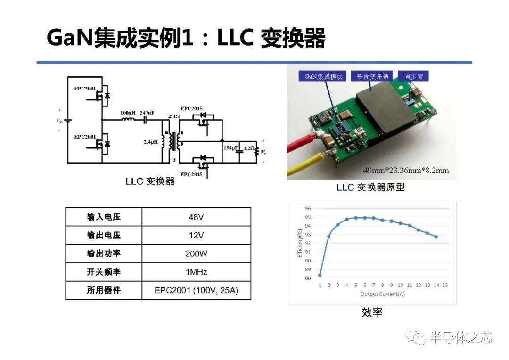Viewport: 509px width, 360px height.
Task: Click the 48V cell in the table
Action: [196, 217]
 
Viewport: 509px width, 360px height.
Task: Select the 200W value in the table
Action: [196, 254]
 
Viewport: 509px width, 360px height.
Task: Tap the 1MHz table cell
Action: [196, 272]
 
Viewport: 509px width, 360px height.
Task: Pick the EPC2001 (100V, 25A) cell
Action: [196, 290]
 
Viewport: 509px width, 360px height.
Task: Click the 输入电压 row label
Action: [104, 217]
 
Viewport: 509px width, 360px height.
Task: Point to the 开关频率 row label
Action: [104, 272]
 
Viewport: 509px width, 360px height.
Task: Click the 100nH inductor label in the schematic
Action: [128, 113]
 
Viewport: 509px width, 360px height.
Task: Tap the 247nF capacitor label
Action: [147, 113]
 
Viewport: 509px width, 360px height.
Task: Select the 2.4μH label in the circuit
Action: [151, 141]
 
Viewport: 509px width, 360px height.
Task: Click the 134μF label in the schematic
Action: [230, 148]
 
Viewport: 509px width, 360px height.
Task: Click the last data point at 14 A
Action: [436, 237]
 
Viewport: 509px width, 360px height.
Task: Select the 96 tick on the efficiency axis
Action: [308, 208]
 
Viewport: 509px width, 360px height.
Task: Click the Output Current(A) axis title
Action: [382, 294]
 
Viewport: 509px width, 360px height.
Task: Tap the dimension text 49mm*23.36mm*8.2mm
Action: [406, 170]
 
